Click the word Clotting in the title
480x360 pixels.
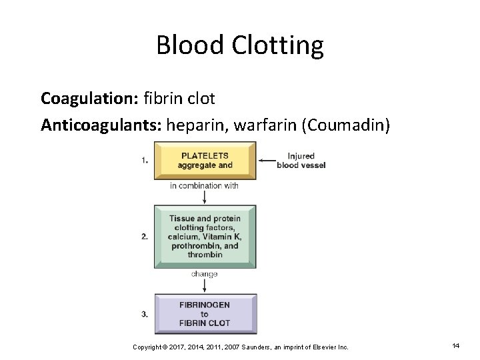click(x=278, y=46)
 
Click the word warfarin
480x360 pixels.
click(x=255, y=125)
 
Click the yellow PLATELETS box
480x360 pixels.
click(x=205, y=161)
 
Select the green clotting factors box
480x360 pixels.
click(x=205, y=237)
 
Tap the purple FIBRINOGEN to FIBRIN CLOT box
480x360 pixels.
click(x=205, y=314)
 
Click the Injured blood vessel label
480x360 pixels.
click(x=301, y=161)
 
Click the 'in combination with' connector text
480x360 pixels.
click(x=204, y=185)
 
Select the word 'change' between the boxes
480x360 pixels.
click(x=204, y=274)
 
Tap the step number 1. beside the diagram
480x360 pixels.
click(x=145, y=160)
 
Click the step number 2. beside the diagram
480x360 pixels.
click(x=145, y=237)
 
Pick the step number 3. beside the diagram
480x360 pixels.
click(x=145, y=314)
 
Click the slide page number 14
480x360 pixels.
click(x=456, y=346)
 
